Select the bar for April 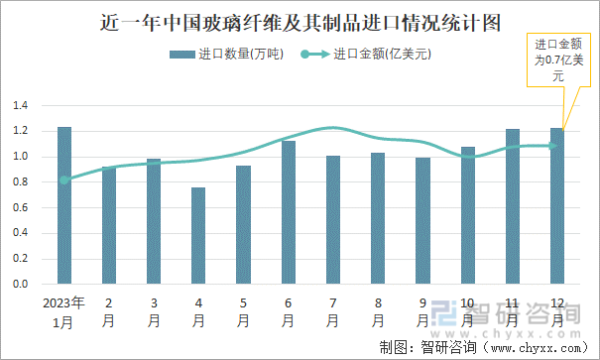click(198, 235)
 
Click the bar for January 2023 click(64, 205)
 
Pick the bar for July click(333, 219)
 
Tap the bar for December click(557, 205)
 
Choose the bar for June click(289, 212)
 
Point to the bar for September click(422, 220)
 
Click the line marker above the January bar click(64, 180)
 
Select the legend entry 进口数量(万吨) click(226, 55)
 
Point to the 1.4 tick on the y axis click(20, 105)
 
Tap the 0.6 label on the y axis click(20, 207)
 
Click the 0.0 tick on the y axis click(20, 284)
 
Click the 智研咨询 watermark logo click(506, 315)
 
